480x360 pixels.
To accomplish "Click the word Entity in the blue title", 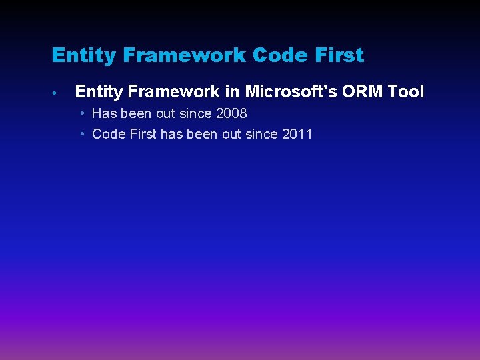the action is point(84,56).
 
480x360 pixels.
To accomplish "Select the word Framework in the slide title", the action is point(184,55).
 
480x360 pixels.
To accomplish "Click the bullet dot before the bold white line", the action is point(55,93).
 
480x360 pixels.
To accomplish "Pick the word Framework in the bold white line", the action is point(173,91).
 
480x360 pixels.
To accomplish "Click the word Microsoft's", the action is point(291,91).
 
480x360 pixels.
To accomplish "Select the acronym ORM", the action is point(362,91).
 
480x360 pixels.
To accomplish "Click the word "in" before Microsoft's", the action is point(232,91).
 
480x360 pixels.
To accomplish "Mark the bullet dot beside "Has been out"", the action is point(83,113).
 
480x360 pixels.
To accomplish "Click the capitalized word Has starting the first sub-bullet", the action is point(105,113).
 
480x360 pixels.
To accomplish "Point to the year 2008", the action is point(231,113).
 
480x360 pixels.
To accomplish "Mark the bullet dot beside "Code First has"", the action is point(83,134).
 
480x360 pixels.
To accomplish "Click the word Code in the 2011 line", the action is point(109,134).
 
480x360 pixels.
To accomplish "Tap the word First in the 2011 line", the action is point(143,134).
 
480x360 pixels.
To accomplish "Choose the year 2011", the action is point(297,134).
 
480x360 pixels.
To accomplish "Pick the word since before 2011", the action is point(261,134).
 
